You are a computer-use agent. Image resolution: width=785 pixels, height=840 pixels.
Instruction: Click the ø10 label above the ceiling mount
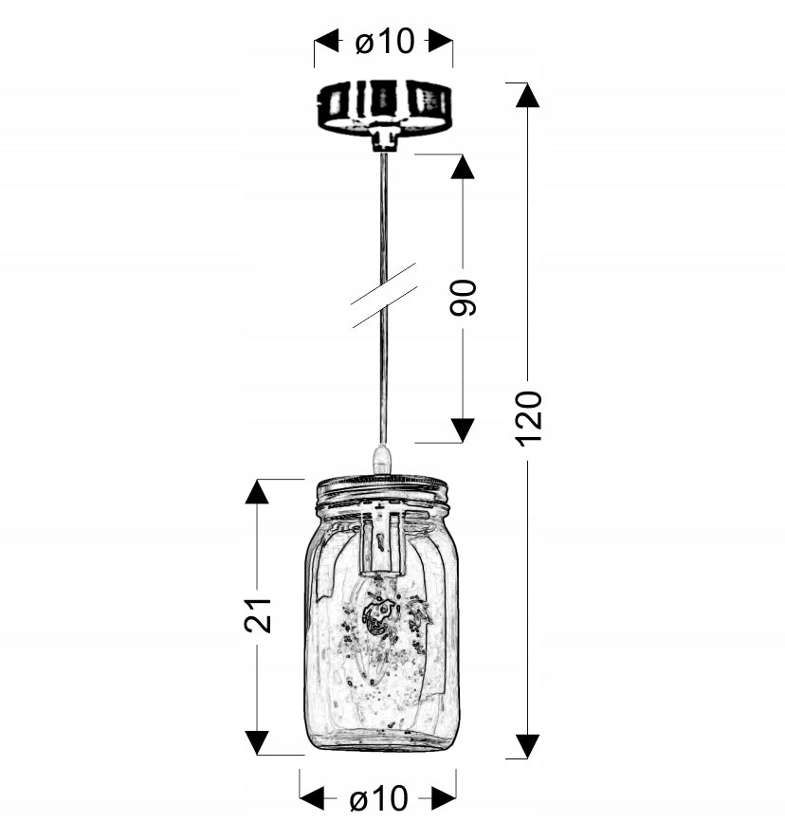coord(385,42)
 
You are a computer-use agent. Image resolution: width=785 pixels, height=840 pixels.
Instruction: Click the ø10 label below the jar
coord(379,798)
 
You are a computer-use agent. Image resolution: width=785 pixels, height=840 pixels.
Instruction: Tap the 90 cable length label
coord(463,298)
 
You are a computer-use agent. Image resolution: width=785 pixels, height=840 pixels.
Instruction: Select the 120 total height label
coord(529,418)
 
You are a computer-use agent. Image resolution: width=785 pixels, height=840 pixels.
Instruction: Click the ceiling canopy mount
coord(383,114)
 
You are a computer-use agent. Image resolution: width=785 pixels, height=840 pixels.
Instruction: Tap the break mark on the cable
coord(384,295)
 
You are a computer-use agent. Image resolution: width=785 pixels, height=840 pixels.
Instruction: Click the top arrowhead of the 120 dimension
coord(528,96)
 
